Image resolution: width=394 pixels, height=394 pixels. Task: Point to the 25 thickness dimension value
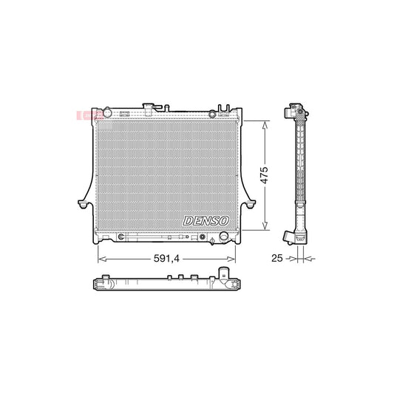click(278, 259)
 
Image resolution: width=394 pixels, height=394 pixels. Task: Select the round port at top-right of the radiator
click(213, 113)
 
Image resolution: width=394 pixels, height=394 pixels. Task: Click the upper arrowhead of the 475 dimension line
click(264, 123)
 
